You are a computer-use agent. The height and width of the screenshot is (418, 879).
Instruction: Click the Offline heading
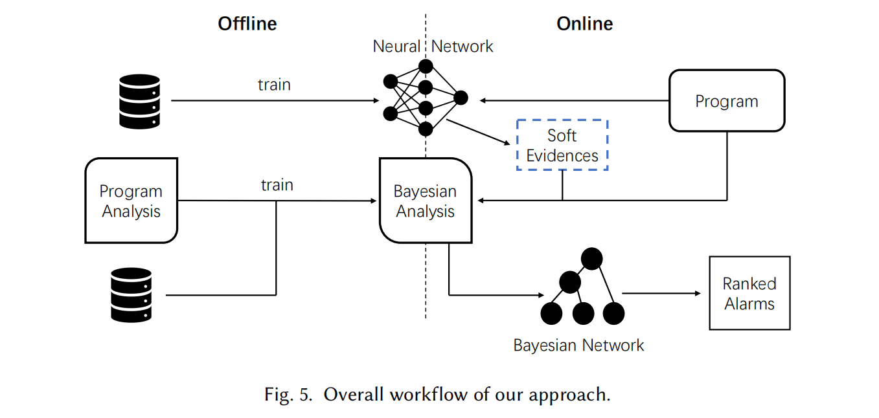pyautogui.click(x=247, y=24)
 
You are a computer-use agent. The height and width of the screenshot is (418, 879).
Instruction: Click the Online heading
pyautogui.click(x=584, y=24)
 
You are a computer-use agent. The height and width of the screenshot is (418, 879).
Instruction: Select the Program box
pyautogui.click(x=726, y=101)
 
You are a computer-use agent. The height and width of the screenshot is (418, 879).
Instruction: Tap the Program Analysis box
pyautogui.click(x=131, y=201)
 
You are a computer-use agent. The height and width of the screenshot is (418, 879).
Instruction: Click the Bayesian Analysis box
pyautogui.click(x=425, y=201)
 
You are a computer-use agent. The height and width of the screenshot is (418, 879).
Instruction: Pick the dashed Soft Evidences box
pyautogui.click(x=562, y=145)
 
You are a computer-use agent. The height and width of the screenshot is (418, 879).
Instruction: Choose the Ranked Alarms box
pyautogui.click(x=749, y=293)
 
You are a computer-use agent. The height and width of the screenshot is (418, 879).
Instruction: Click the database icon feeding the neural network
pyautogui.click(x=140, y=101)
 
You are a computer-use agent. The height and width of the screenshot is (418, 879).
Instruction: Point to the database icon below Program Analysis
pyautogui.click(x=131, y=295)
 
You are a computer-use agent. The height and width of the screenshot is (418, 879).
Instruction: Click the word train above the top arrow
pyautogui.click(x=274, y=85)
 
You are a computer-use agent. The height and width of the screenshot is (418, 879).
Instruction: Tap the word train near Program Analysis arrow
pyautogui.click(x=277, y=185)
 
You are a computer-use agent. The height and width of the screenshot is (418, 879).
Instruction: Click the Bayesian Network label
pyautogui.click(x=578, y=345)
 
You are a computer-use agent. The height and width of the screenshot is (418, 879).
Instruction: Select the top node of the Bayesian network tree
pyautogui.click(x=591, y=259)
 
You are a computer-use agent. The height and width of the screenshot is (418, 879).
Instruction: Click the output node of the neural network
pyautogui.click(x=461, y=98)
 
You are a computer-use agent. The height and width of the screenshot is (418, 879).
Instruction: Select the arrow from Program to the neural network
pyautogui.click(x=573, y=100)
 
